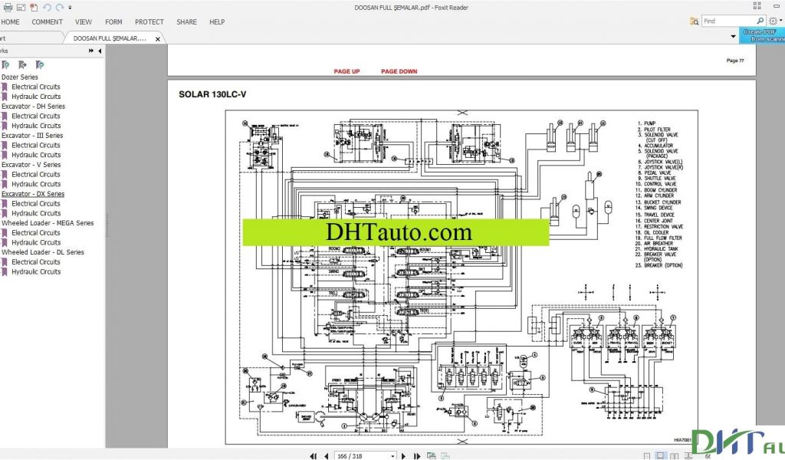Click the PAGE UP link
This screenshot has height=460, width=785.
tap(347, 71)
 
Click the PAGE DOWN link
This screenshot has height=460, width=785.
tap(399, 71)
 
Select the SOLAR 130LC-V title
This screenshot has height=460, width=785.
tap(213, 95)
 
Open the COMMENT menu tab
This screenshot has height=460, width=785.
tap(48, 22)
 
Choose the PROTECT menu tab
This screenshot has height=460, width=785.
tap(149, 22)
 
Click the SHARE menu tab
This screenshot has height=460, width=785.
tap(186, 22)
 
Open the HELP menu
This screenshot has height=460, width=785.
tap(217, 22)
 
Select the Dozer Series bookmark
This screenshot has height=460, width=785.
tap(20, 77)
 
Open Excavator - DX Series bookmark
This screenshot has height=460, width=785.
tap(33, 194)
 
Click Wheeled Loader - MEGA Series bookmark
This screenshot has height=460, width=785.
tap(48, 223)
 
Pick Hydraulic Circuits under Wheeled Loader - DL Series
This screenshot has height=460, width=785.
tap(36, 271)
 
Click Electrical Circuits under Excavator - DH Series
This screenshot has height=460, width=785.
tap(36, 116)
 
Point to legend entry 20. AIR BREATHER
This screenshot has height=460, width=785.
tap(658, 243)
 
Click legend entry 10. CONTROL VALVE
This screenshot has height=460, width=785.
tap(659, 184)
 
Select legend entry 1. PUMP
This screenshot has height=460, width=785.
tap(648, 123)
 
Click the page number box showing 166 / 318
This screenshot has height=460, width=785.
tap(365, 455)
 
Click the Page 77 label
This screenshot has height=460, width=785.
tap(734, 61)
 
